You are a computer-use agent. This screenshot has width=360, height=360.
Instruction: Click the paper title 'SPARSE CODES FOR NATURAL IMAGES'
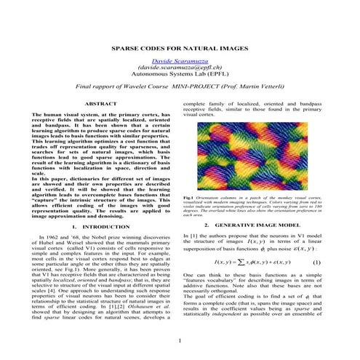tap(180, 47)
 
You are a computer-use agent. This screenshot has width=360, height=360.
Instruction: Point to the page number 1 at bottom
tap(179, 340)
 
